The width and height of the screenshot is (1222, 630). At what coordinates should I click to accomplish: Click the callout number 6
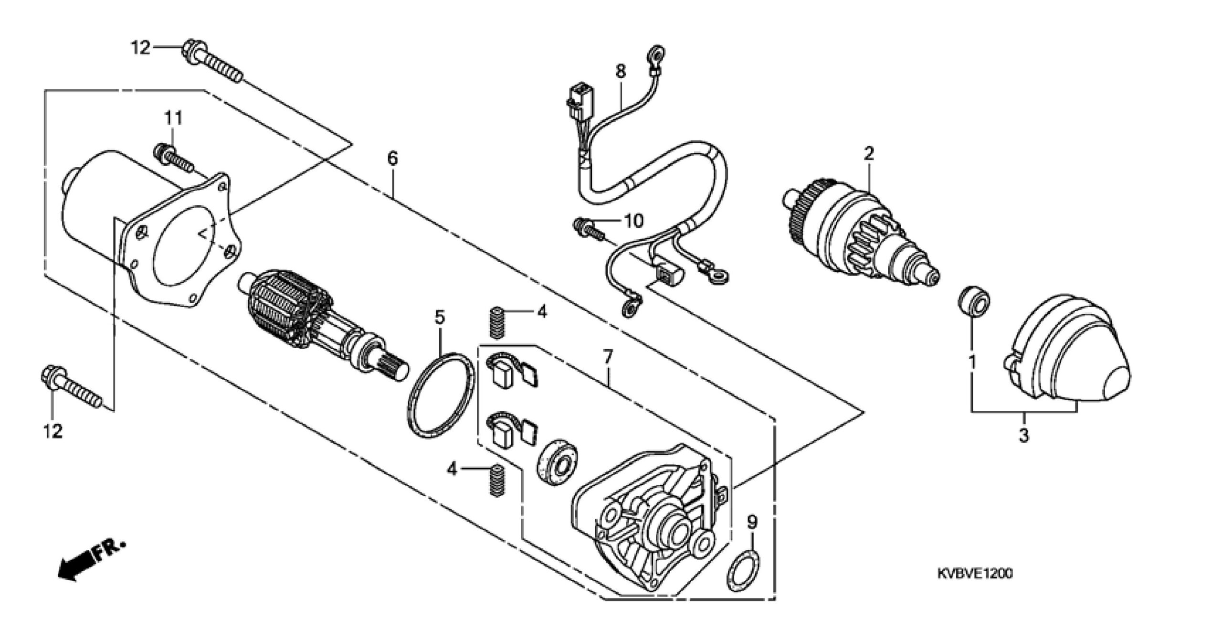tap(392, 159)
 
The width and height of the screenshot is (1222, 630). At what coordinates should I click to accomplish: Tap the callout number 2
tap(869, 153)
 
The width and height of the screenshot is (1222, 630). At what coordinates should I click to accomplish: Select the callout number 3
tap(1024, 436)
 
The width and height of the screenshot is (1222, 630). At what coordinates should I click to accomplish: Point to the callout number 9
tap(752, 523)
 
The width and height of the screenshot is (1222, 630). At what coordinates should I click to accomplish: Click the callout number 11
tap(174, 117)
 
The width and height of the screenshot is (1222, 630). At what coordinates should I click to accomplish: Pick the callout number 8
tap(621, 71)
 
